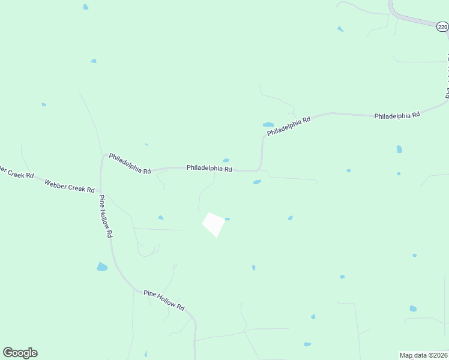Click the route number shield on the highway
click(x=442, y=27)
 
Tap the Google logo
click(x=20, y=353)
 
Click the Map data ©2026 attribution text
click(x=423, y=355)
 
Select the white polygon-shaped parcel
click(x=214, y=224)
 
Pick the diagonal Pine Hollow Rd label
click(x=164, y=299)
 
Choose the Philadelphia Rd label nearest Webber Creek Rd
click(x=130, y=163)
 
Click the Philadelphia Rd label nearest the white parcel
click(x=209, y=169)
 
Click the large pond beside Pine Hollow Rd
click(x=102, y=266)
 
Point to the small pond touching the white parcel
click(x=227, y=219)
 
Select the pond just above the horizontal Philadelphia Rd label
click(x=226, y=160)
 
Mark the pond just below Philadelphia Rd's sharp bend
click(x=257, y=182)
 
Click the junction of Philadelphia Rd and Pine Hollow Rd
click(x=103, y=158)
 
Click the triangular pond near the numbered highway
click(x=340, y=29)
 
